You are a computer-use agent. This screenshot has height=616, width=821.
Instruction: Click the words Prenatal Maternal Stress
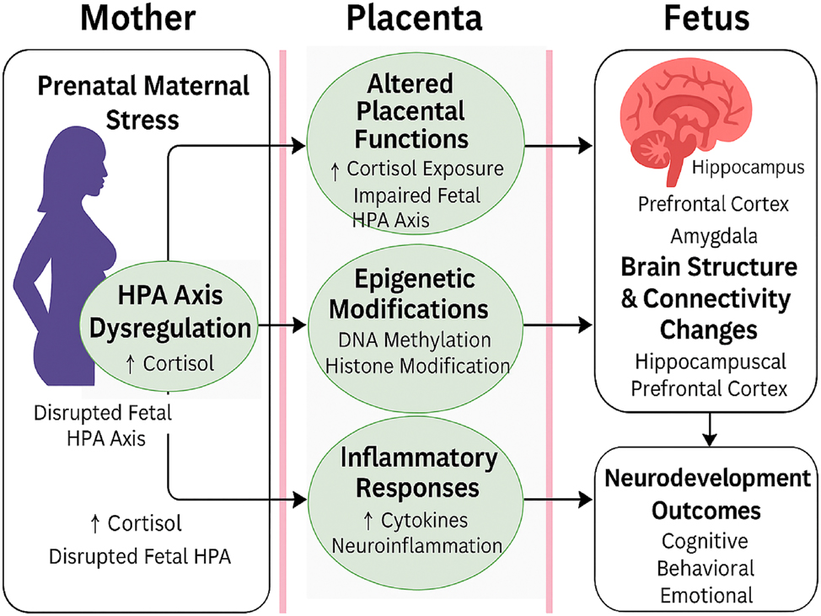point(143,102)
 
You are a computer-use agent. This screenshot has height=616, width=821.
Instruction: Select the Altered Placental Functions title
point(410,110)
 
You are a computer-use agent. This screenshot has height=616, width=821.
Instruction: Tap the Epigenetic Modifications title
point(409,294)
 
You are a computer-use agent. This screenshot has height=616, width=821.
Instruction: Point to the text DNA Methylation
point(410,340)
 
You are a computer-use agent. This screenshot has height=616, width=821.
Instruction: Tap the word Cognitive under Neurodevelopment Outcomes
point(705,540)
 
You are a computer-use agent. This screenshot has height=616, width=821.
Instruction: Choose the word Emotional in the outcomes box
point(706,595)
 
